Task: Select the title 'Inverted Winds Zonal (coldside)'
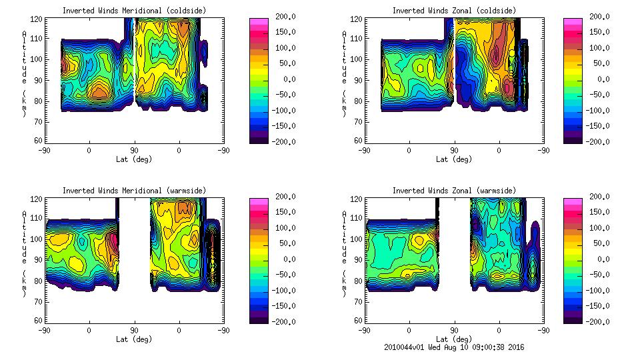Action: tap(454, 11)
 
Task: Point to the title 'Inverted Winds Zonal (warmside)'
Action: tap(454, 191)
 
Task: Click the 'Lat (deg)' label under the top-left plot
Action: tap(134, 159)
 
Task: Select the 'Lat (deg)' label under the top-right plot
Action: tap(454, 159)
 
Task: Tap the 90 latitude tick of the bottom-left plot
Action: tap(134, 330)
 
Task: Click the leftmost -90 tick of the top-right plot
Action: tap(364, 151)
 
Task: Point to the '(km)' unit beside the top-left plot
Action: tap(25, 103)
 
